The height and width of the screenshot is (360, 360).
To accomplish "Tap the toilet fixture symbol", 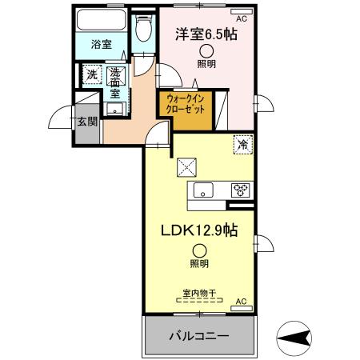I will click(142, 30).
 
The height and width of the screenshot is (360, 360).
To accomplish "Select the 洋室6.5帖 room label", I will click(206, 35).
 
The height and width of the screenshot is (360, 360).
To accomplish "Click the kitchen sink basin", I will click(202, 190).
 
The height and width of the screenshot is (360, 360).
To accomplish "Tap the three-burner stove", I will click(240, 190).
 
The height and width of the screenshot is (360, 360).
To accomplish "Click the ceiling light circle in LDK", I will click(198, 250).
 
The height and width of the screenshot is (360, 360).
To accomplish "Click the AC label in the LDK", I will click(241, 302).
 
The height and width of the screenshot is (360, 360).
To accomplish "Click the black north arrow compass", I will click(299, 336).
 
